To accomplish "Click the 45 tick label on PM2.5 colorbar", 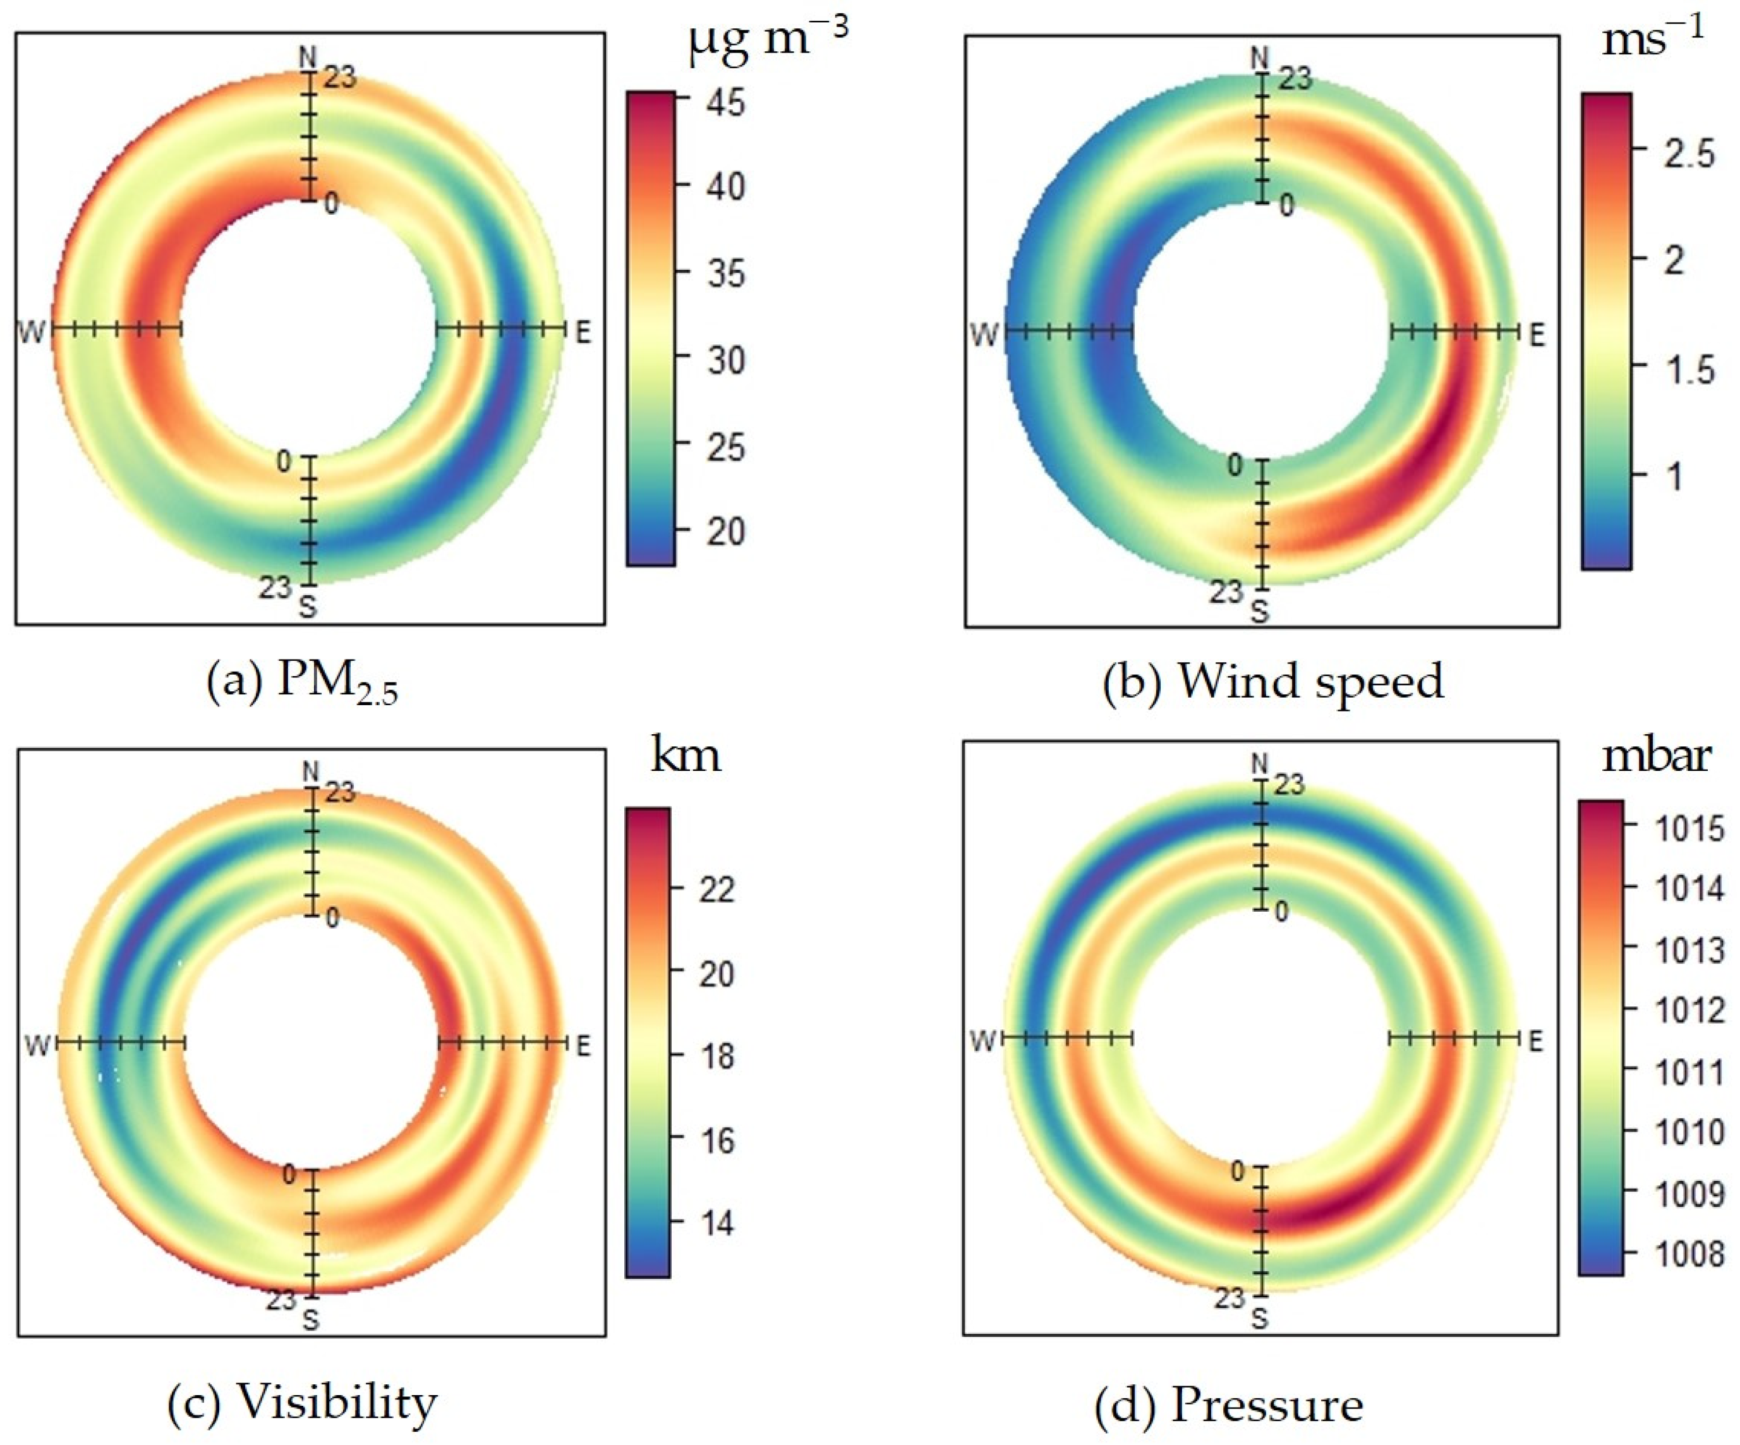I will point(726,103).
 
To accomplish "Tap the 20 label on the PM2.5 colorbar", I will point(726,531).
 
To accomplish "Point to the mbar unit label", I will point(1655,756).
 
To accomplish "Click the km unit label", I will point(686,756).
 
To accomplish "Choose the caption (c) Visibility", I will point(303,1402).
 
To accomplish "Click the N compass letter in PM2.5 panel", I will point(308,56).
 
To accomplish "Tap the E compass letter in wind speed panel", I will point(1537,335).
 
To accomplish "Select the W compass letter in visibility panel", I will point(37,1046).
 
